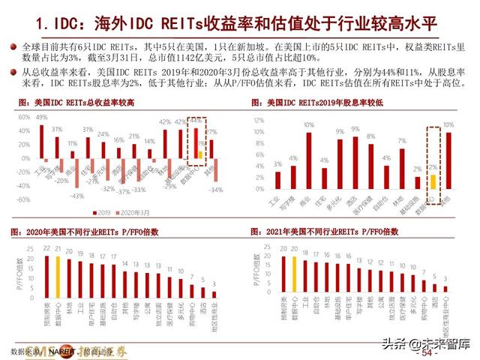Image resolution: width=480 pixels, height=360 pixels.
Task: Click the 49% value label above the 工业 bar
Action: point(42,118)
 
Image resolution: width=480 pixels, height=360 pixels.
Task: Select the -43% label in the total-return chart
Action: point(76,196)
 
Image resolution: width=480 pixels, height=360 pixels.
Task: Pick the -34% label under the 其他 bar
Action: point(217,190)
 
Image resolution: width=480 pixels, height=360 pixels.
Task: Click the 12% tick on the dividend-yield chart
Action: point(259,119)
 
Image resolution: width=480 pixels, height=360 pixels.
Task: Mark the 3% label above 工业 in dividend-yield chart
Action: point(277,163)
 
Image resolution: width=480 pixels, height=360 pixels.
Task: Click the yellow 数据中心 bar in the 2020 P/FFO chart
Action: point(58,274)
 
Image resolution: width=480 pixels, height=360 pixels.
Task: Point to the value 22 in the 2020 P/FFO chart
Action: point(46,247)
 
